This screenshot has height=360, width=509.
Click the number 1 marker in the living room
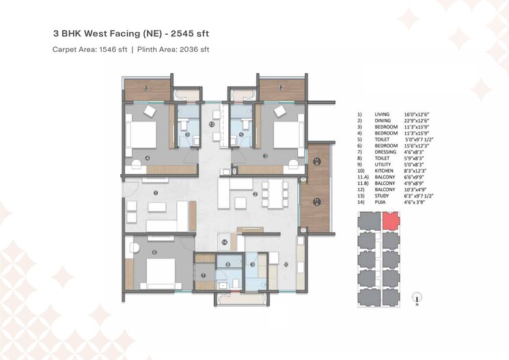click(x=156, y=193)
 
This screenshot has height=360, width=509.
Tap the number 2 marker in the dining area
click(x=255, y=194)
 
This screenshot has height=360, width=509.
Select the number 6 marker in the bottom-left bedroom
click(x=154, y=253)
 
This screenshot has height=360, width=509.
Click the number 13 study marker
click(x=212, y=125)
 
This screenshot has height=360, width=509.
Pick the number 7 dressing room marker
click(x=203, y=275)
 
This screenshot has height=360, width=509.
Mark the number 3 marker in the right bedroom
click(x=265, y=156)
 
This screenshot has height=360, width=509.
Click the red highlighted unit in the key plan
click(x=390, y=221)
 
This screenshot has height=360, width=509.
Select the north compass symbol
click(x=417, y=297)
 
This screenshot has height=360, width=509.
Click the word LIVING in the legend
click(x=383, y=114)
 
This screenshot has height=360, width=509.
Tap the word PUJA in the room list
click(x=381, y=203)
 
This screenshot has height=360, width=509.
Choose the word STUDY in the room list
click(x=383, y=197)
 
